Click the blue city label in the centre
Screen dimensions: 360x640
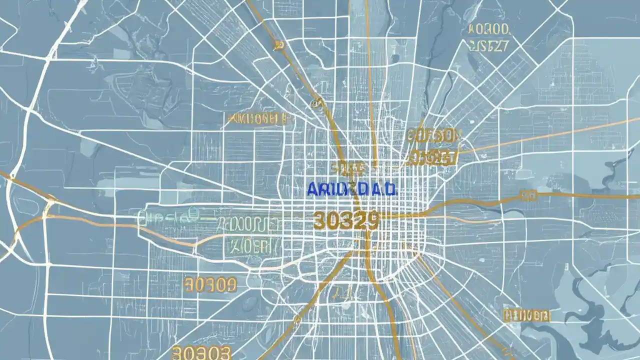[351, 188]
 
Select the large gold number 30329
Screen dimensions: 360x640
[345, 220]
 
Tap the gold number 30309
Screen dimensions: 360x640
[210, 285]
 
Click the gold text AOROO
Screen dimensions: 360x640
[488, 29]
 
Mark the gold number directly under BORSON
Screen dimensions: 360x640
[433, 158]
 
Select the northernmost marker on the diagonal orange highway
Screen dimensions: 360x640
[278, 45]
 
